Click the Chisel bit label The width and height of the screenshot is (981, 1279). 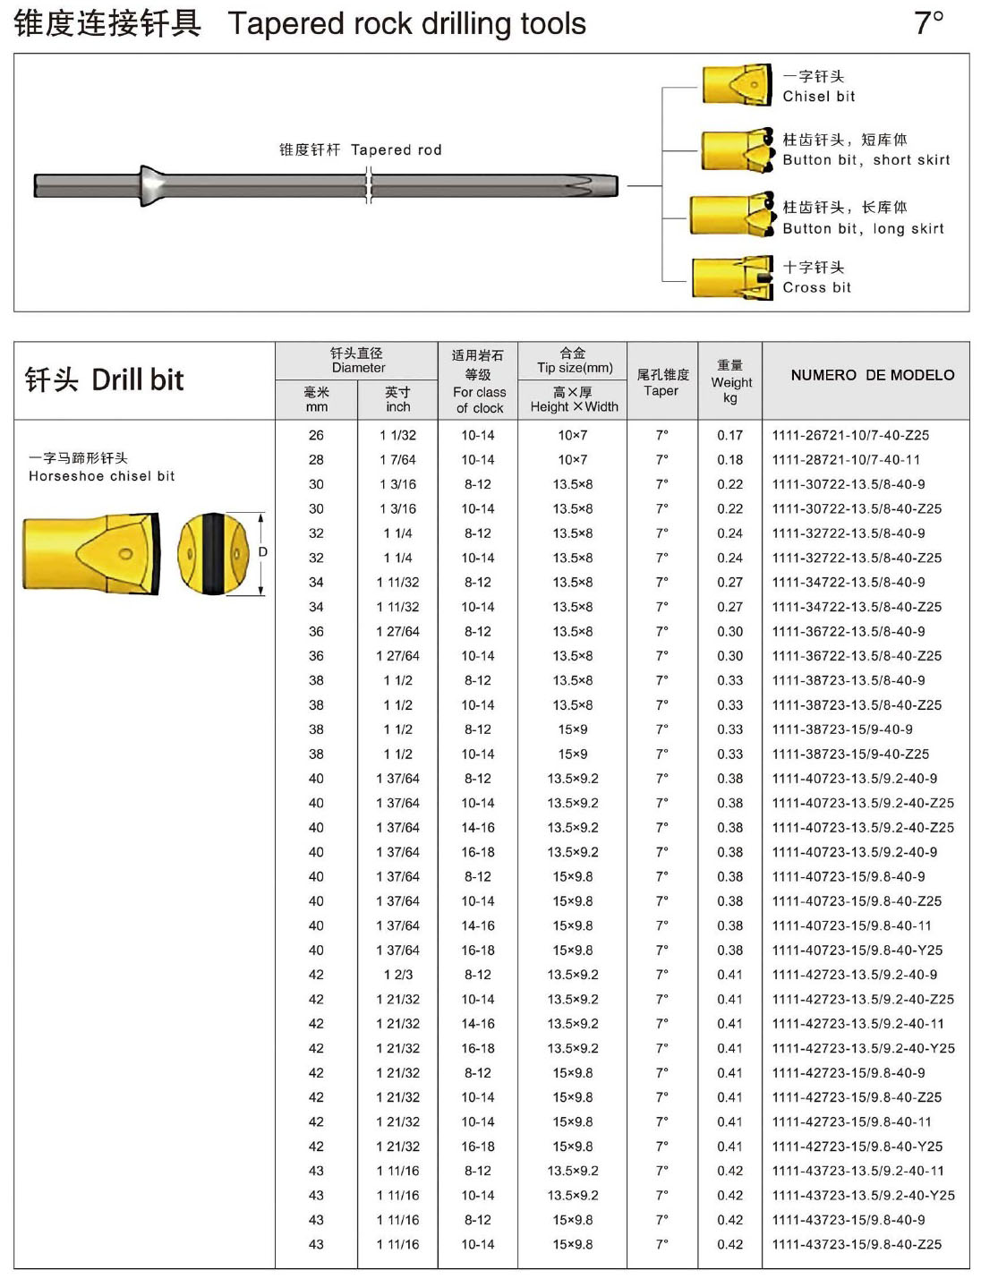(818, 97)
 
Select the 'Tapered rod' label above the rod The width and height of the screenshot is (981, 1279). (396, 149)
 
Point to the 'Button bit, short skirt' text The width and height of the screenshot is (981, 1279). (866, 160)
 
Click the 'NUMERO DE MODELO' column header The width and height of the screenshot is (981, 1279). (872, 375)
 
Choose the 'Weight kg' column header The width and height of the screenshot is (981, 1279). (730, 381)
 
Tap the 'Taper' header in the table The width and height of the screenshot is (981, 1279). (661, 390)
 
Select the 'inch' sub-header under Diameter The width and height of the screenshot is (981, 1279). (398, 406)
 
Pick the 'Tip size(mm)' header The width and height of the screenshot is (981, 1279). (574, 368)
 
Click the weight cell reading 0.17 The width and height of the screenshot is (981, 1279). (729, 435)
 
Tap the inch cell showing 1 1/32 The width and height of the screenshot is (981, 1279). (397, 435)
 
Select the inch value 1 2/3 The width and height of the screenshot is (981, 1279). (397, 975)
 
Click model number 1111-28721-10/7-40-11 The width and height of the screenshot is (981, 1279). (846, 460)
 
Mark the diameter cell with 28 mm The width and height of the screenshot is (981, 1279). (316, 460)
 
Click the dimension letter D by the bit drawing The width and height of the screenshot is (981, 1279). (262, 552)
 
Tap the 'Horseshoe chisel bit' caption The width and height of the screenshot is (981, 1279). (101, 476)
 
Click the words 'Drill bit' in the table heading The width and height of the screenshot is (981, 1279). (137, 380)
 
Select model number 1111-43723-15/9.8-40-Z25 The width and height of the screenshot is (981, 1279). (857, 1244)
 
